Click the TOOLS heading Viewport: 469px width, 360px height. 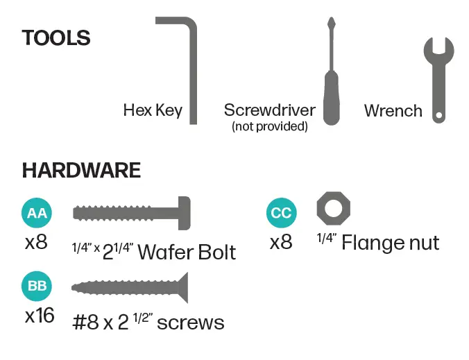56,37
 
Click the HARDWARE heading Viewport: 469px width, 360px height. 81,170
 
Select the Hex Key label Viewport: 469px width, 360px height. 153,110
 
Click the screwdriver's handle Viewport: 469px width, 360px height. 332,97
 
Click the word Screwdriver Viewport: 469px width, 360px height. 270,110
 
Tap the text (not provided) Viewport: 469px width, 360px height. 270,126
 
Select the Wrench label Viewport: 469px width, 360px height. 393,110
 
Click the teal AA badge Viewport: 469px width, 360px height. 36,213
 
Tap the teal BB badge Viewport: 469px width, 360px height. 36,286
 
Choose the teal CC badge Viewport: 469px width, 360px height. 281,213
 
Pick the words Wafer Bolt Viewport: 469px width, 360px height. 187,251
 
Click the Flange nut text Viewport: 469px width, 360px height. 390,243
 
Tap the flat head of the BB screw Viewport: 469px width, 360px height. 182,286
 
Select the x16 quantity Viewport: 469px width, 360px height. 40,316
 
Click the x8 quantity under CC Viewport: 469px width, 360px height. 281,243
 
